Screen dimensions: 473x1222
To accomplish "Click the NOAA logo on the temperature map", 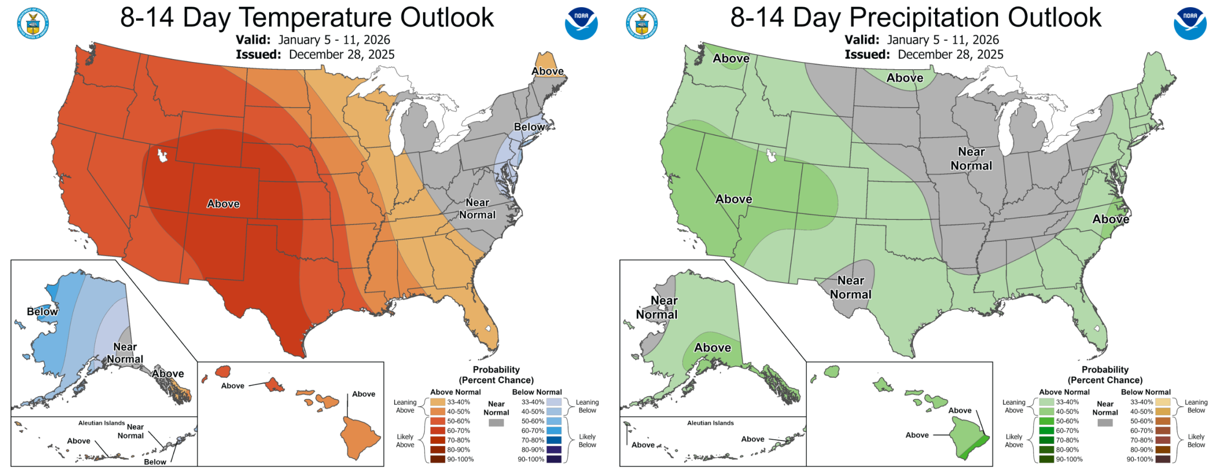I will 581,23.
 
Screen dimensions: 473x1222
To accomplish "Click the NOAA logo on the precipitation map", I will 1190,23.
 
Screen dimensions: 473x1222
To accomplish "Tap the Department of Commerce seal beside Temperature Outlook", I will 33,23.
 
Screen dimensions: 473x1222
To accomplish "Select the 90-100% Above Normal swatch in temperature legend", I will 437,459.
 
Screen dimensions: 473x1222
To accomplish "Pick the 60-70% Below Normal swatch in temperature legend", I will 554,431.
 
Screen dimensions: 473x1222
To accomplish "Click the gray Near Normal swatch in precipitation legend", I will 1105,422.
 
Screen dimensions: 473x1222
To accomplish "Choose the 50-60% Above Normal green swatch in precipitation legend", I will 1046,421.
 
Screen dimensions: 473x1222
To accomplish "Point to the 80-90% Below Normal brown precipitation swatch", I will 1163,450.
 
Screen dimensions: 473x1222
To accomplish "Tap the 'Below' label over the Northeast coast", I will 529,127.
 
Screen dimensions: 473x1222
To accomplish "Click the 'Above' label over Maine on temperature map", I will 547,71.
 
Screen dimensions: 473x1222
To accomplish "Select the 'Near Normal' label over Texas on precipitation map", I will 851,288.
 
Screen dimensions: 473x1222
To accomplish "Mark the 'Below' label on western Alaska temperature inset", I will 42,311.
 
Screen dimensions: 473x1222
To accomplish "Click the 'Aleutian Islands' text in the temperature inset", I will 101,423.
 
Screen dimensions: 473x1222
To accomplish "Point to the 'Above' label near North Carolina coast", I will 1111,219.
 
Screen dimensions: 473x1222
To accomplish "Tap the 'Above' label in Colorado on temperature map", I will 223,204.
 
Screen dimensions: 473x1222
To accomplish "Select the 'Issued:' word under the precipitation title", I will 867,54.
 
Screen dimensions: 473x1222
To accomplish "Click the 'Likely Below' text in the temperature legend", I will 587,441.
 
